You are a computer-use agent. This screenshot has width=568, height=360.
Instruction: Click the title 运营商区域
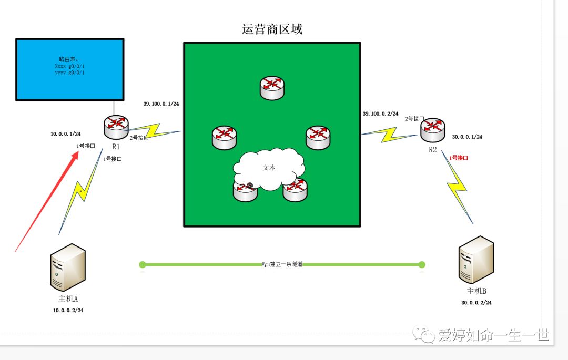coord(272,29)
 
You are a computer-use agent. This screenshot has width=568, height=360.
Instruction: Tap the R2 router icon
coord(432,130)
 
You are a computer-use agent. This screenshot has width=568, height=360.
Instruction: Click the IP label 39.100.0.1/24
coord(161,104)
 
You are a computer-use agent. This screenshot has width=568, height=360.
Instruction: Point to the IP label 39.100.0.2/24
coord(380,114)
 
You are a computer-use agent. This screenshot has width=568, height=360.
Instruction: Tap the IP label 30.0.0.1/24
coord(467,137)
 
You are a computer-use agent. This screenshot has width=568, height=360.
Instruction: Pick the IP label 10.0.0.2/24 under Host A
coord(68,311)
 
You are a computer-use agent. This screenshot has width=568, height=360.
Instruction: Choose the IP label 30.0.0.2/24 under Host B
coord(476,303)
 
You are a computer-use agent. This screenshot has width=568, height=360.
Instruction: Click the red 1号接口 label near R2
coord(458,158)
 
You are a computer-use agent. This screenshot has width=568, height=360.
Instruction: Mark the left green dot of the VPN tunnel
coord(143,264)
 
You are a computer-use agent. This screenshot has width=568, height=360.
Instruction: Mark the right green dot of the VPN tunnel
coord(422,264)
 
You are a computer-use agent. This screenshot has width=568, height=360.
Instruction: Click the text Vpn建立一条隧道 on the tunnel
coord(282,264)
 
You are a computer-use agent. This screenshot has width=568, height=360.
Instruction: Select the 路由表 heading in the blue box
coord(68,60)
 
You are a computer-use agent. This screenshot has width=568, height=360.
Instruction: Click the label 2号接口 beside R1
coord(139,138)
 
